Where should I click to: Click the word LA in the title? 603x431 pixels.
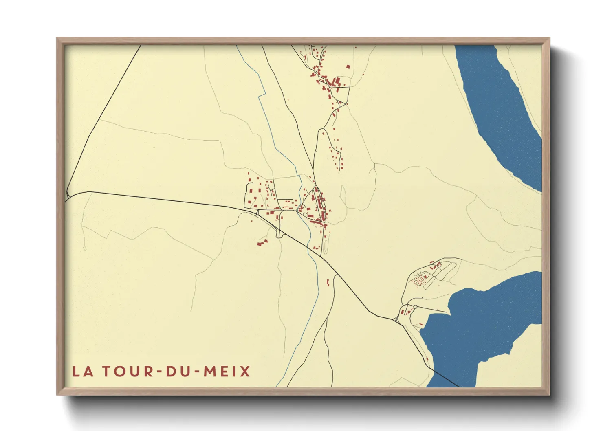tap(81, 372)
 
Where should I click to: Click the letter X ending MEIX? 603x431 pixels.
tap(245, 372)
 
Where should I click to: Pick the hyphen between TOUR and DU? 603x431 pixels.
tap(159, 372)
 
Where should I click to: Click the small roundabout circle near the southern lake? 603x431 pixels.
tap(415, 307)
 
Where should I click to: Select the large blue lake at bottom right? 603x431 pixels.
tap(481, 326)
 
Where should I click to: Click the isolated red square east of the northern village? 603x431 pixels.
tap(348, 66)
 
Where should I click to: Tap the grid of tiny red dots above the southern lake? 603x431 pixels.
tap(418, 281)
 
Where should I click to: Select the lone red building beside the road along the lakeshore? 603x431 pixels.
tap(426, 359)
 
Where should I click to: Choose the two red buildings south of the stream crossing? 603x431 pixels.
tap(328, 282)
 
